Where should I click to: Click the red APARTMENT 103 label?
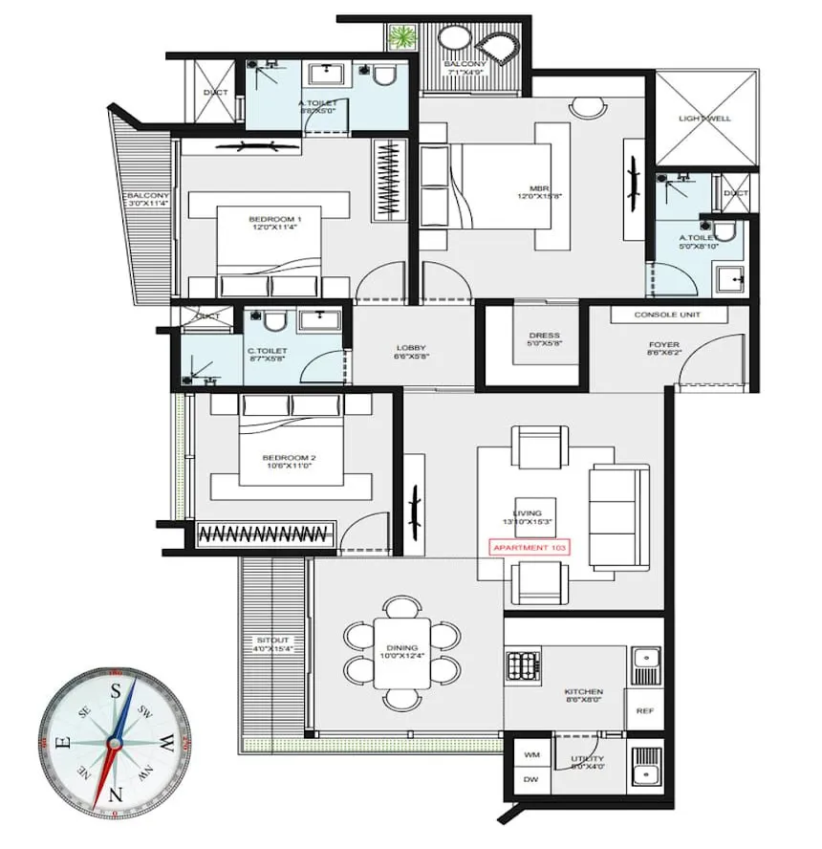pos(535,548)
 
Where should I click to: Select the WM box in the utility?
pos(530,754)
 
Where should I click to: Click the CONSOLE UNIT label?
pos(667,315)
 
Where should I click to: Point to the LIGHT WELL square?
pos(706,120)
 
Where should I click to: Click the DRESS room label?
pos(544,340)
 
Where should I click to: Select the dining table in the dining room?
pos(401,654)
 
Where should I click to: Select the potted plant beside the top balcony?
pos(402,37)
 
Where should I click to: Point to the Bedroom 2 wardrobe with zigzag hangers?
pos(267,533)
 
